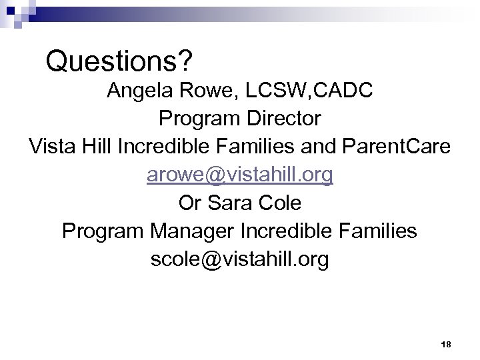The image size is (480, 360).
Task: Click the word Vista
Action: coord(52,147)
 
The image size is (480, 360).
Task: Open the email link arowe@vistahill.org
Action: coord(240,175)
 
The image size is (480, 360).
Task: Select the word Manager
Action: coord(195,231)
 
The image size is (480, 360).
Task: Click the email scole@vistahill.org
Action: coord(240,259)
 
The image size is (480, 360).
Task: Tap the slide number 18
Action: coord(446,344)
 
